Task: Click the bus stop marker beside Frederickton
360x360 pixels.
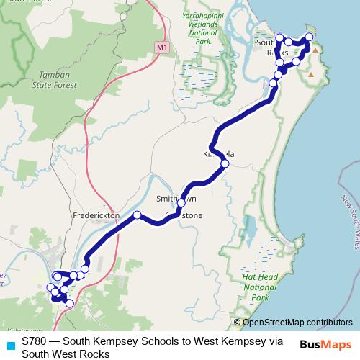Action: [x=137, y=215]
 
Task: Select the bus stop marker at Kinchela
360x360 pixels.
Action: [x=225, y=164]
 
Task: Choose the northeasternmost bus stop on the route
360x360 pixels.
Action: [x=310, y=37]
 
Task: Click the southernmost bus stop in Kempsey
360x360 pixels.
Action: [x=69, y=304]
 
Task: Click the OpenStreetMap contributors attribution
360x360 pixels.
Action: [x=297, y=323]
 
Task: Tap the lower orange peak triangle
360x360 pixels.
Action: [x=310, y=74]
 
